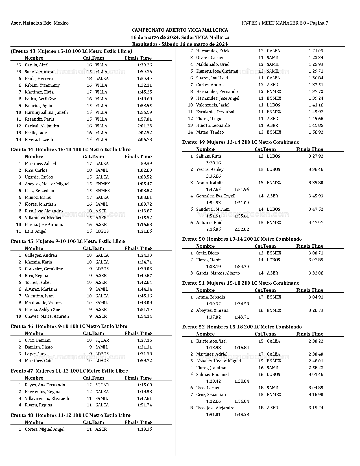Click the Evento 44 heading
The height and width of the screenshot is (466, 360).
tap(71, 149)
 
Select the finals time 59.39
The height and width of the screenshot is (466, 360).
tap(146, 164)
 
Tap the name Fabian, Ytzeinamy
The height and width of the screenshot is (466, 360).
tap(42, 85)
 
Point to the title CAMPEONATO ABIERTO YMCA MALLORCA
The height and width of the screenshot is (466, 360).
tap(180, 30)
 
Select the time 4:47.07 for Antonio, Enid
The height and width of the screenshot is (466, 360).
tap(316, 223)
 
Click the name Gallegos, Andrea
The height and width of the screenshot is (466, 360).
tap(41, 255)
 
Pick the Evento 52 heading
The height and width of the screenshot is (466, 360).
tap(242, 327)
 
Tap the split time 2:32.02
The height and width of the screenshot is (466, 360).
tap(242, 229)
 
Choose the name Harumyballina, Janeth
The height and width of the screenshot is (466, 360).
tap(46, 112)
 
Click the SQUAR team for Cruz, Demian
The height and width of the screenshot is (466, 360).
tap(102, 340)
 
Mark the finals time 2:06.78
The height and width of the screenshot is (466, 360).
tap(145, 140)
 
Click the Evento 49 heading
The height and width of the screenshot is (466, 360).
tap(241, 142)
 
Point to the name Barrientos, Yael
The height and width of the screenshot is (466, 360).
tap(211, 341)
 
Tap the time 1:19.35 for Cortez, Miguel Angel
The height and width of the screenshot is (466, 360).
tap(145, 429)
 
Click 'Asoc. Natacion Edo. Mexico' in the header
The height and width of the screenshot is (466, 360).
tap(40, 23)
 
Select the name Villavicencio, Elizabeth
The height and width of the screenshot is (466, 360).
tap(47, 399)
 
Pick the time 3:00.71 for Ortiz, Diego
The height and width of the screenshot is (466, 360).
tap(316, 253)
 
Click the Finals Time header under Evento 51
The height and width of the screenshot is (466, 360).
tap(310, 290)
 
